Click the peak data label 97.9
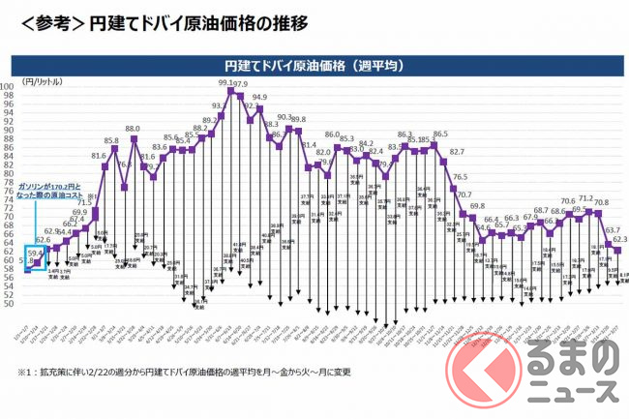point(239,84)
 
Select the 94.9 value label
point(259,97)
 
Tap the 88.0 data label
point(133,128)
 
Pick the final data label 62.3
point(620,239)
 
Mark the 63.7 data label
point(612,231)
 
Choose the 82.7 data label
point(457,152)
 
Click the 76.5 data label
point(460,177)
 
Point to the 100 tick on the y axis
point(8,85)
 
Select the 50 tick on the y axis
point(8,303)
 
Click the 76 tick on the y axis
point(8,190)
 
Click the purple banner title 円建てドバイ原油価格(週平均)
point(314,66)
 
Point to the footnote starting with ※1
point(184,371)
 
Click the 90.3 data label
point(285,117)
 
